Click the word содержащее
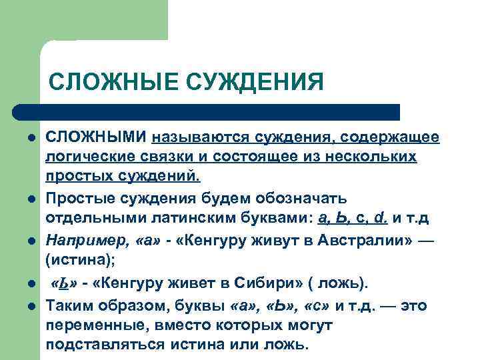[389, 137]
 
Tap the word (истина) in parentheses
[74, 260]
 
